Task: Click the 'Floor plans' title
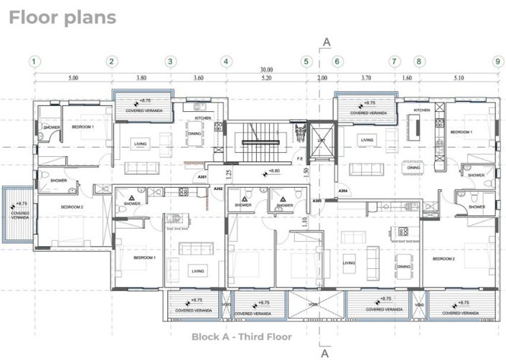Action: pos(62,17)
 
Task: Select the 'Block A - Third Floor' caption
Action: pos(241,336)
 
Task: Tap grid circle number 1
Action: pos(34,62)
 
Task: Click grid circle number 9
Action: pos(497,62)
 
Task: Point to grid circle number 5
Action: pos(306,62)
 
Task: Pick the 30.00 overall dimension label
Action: pos(267,70)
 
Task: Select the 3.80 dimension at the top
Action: pos(141,77)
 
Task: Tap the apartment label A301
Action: pos(202,176)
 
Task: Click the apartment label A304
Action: pos(343,191)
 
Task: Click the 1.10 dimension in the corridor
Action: pos(305,223)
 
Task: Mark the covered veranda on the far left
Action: pos(17,214)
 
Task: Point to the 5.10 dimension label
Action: pos(459,77)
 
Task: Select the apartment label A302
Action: pos(218,189)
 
